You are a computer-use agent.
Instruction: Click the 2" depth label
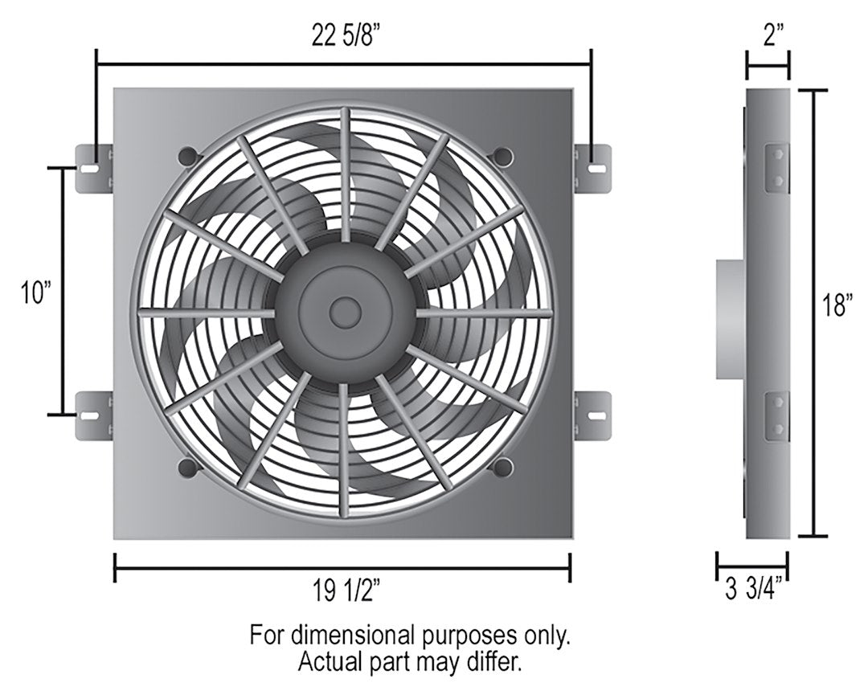(768, 37)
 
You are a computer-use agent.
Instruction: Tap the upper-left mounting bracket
(94, 169)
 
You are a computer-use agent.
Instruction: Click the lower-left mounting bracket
(94, 415)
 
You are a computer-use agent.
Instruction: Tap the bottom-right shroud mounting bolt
(502, 467)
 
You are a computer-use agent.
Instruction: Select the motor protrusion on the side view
(731, 318)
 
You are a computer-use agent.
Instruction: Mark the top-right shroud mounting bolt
(502, 153)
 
